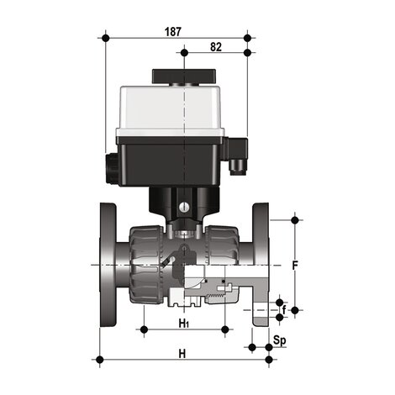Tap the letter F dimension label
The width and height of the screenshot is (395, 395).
point(294,266)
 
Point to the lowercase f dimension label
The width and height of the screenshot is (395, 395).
point(284,310)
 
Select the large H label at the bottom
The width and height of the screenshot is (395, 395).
point(182,354)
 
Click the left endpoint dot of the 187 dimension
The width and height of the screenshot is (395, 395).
point(104,38)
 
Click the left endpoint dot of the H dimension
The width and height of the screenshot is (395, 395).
point(101,361)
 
